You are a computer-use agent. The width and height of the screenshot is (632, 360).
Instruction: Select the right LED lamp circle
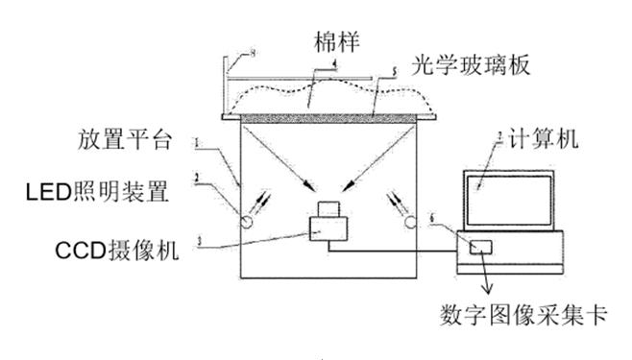(411, 223)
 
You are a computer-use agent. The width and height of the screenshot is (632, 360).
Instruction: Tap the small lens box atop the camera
(328, 208)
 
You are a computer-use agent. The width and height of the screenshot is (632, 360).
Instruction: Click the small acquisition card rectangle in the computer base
(479, 247)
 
